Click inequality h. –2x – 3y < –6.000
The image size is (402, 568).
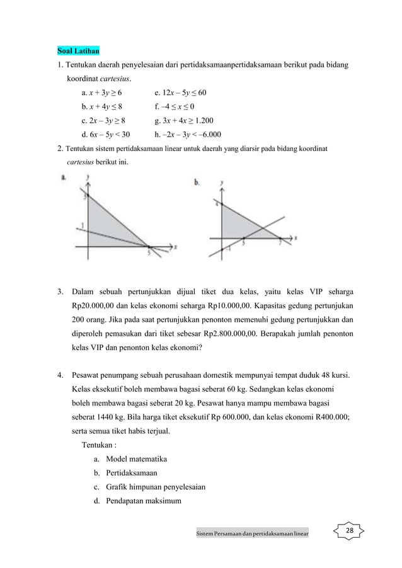[187, 134]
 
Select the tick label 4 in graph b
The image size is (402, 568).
[216, 205]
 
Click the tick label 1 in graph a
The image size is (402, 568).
[82, 225]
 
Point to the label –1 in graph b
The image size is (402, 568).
[227, 249]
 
